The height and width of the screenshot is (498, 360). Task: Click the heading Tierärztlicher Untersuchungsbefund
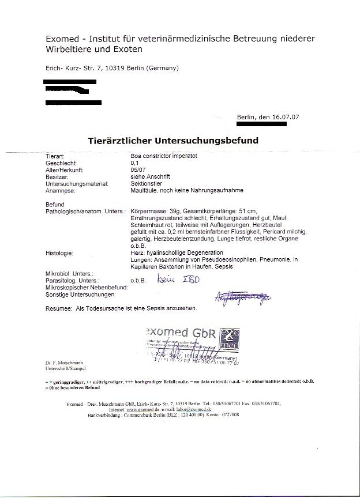pyautogui.click(x=173, y=141)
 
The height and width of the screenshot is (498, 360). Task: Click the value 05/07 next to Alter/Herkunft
pyautogui.click(x=138, y=170)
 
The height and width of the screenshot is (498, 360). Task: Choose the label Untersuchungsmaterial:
pyautogui.click(x=77, y=183)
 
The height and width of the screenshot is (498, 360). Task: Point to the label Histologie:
pyautogui.click(x=59, y=252)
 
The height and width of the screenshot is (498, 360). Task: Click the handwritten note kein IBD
pyautogui.click(x=175, y=279)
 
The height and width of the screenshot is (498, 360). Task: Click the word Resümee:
pyautogui.click(x=58, y=308)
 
